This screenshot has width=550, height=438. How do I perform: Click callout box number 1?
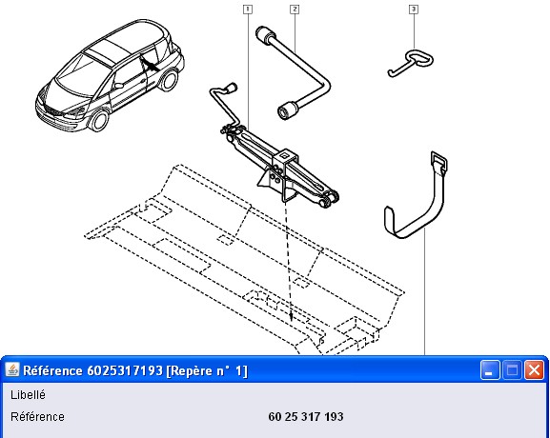pyautogui.click(x=248, y=10)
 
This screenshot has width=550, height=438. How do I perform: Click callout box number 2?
pyautogui.click(x=295, y=10)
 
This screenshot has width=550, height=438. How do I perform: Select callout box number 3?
pyautogui.click(x=414, y=10)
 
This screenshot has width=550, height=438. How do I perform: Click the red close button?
pyautogui.click(x=534, y=370)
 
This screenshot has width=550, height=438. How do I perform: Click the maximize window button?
pyautogui.click(x=513, y=370)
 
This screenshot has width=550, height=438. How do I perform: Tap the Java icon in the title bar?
pyautogui.click(x=12, y=369)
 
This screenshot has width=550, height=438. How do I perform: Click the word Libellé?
pyautogui.click(x=28, y=395)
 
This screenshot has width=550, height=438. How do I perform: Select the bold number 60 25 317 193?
pyautogui.click(x=306, y=417)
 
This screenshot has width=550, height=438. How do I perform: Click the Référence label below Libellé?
pyautogui.click(x=37, y=417)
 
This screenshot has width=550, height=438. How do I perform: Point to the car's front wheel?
pyautogui.click(x=99, y=119)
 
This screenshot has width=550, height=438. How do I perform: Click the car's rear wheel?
pyautogui.click(x=169, y=80)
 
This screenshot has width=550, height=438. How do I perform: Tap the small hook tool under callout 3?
pyautogui.click(x=410, y=64)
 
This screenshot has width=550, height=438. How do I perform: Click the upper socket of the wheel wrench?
pyautogui.click(x=265, y=35)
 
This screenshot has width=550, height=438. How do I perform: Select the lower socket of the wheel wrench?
pyautogui.click(x=287, y=110)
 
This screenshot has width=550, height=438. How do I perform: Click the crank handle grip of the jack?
pyautogui.click(x=231, y=88)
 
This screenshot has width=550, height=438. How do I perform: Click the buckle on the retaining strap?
pyautogui.click(x=438, y=161)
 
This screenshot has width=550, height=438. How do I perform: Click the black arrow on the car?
pyautogui.click(x=149, y=65)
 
